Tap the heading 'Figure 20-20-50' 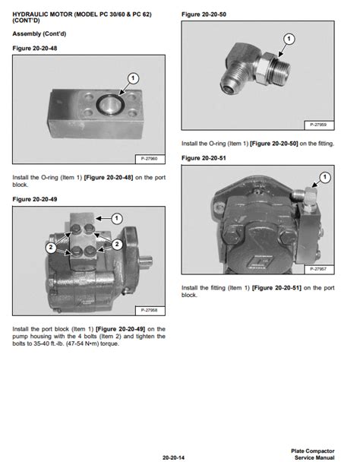click(203, 14)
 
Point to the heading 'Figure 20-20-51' click(203, 157)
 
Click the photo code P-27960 click(150, 158)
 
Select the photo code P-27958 click(150, 310)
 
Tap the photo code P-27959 click(319, 124)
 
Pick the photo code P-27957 click(319, 268)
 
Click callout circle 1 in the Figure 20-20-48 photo click(132, 78)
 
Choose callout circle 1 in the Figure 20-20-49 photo click(116, 219)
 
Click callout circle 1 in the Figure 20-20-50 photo click(289, 38)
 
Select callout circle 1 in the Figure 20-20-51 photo click(324, 177)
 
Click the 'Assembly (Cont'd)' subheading click(36, 34)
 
